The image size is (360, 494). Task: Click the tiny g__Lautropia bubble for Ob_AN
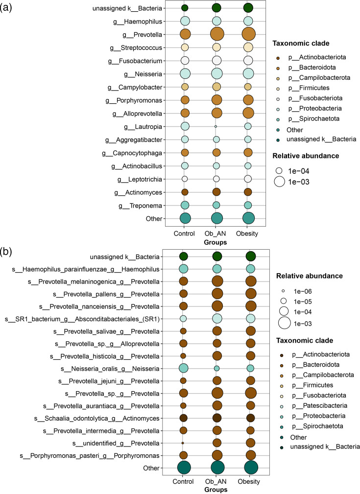click(216, 126)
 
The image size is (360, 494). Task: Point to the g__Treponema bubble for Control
click(185, 205)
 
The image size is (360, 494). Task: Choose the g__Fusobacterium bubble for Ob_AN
click(216, 61)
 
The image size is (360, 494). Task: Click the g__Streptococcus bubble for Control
click(185, 47)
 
